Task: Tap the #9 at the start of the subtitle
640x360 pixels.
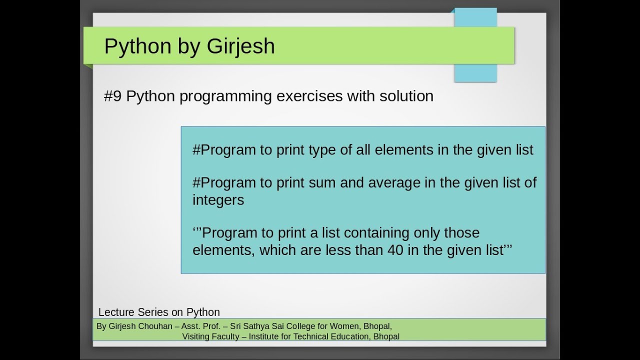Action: (112, 96)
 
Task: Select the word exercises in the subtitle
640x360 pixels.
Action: (308, 96)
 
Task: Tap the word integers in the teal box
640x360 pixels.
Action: (218, 200)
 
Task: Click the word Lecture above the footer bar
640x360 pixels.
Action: (117, 312)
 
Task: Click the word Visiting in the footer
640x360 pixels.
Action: (197, 337)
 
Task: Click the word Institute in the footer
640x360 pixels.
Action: (267, 337)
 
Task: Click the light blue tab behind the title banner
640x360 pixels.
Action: (475, 72)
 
